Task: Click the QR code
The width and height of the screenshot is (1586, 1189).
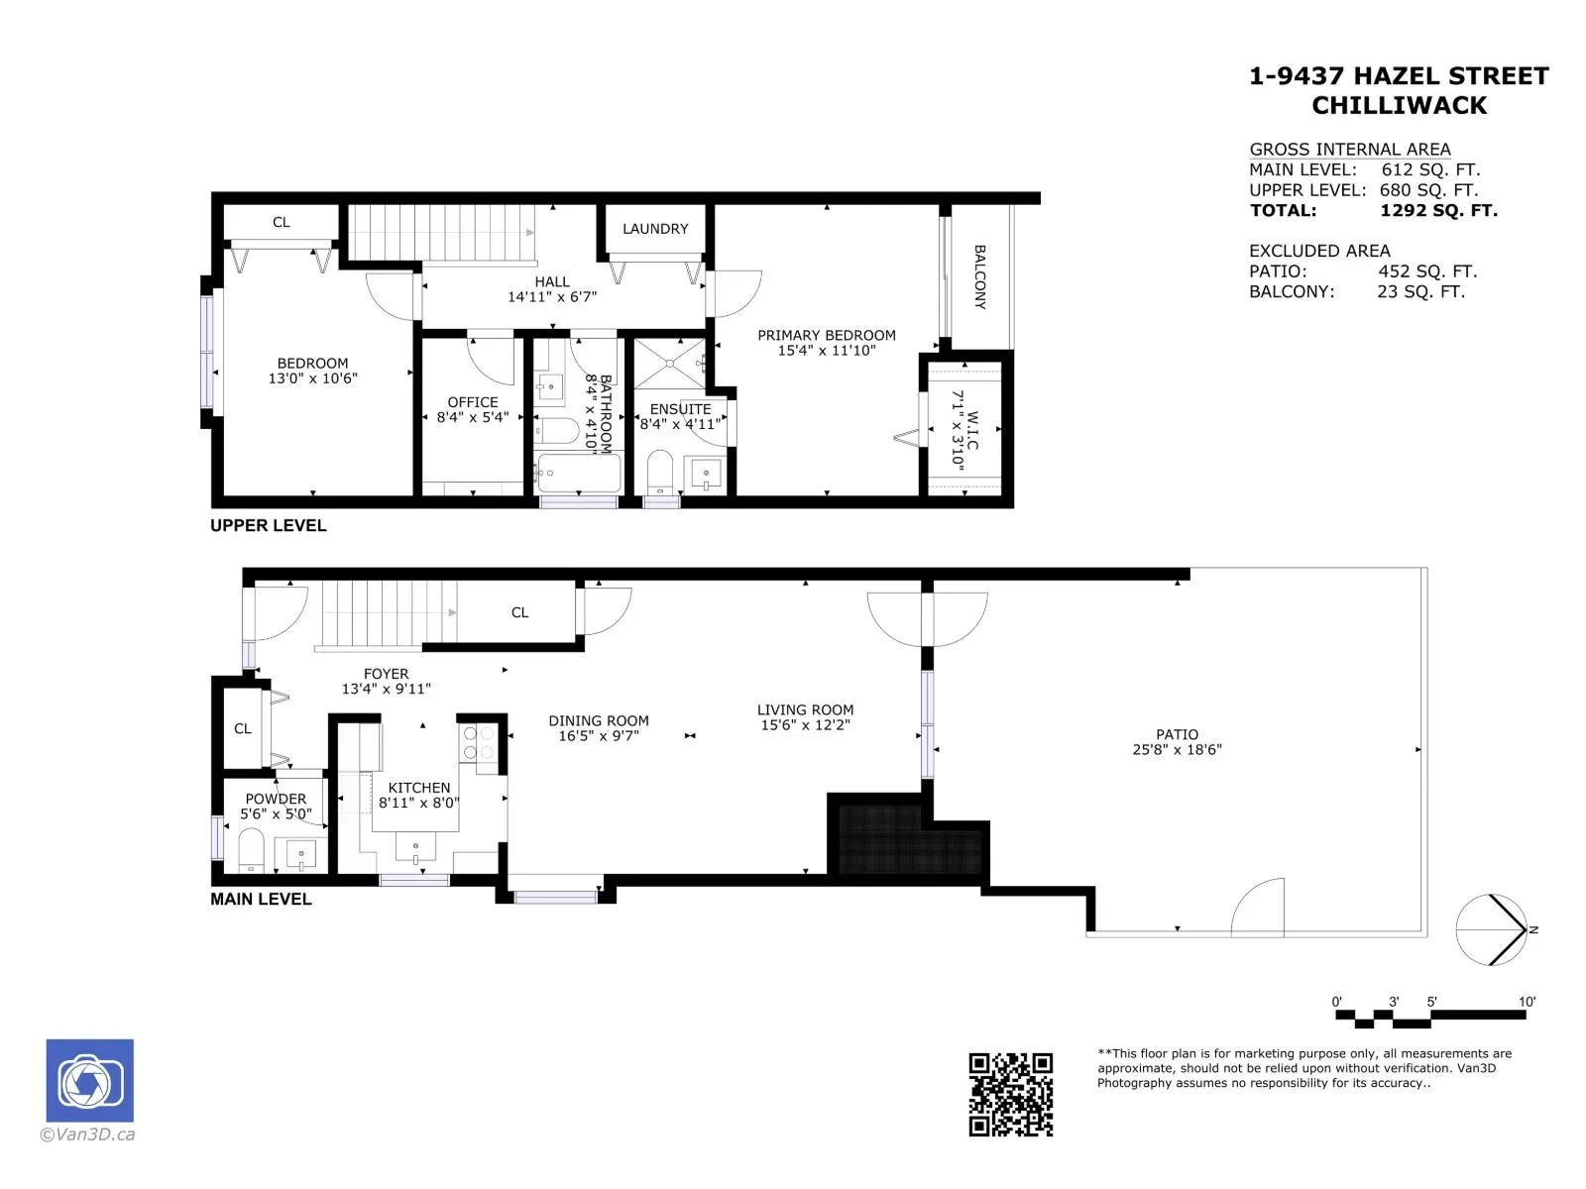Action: pos(1010,1095)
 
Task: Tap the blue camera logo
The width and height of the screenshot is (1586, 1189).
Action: pos(89,1080)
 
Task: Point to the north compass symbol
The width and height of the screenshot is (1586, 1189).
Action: pos(1492,929)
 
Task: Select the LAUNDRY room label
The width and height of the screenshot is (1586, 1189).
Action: pos(655,229)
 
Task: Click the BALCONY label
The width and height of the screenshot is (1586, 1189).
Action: pos(979,277)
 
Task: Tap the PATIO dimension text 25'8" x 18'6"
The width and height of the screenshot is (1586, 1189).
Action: pos(1177,749)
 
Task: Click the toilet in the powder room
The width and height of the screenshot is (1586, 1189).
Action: pos(251,850)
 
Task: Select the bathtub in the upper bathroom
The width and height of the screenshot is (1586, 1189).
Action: pos(578,473)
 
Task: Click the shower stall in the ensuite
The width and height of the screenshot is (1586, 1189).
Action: pos(670,364)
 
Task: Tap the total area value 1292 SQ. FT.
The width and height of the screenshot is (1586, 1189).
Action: pos(1438,210)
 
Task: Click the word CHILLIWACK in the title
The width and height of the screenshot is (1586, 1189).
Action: pos(1399,105)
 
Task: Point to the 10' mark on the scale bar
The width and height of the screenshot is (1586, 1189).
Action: pos(1526,1002)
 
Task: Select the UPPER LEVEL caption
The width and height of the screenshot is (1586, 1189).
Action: pos(268,525)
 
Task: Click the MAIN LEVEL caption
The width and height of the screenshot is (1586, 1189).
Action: pos(261,899)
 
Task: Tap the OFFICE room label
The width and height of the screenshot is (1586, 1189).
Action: pos(473,402)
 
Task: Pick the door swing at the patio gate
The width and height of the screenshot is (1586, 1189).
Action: pos(1257,907)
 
